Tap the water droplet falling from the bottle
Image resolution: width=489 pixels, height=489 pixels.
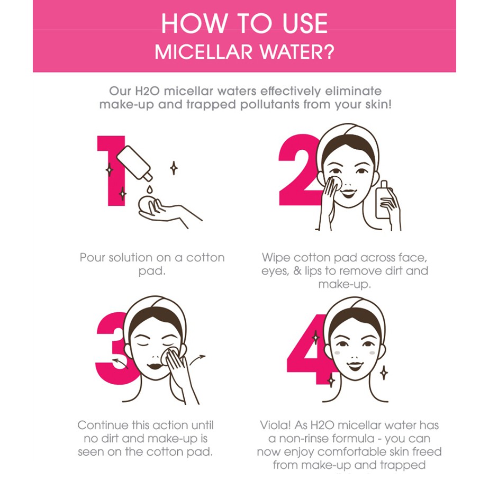coord(150,189)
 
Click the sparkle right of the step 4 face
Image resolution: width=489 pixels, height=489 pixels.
coord(384,373)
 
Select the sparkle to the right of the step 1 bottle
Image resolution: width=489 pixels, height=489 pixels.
coord(174,168)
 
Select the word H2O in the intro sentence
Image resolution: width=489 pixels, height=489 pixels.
coord(147,91)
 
